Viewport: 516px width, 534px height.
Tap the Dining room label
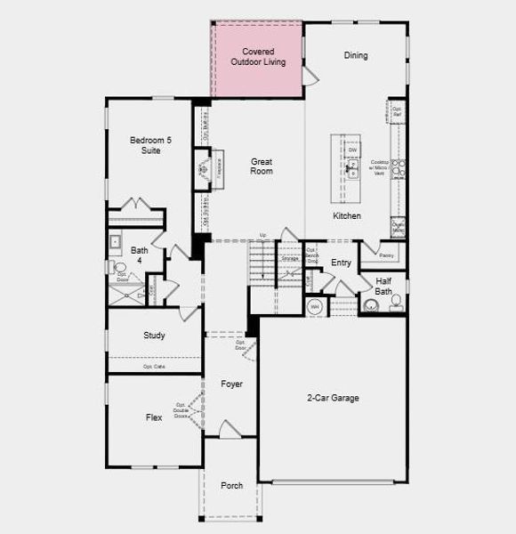click(355, 55)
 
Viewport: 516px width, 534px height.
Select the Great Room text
click(261, 166)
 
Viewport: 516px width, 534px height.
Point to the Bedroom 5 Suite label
click(145, 146)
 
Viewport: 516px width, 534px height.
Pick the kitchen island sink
click(352, 173)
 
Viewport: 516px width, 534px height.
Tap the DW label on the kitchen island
click(352, 150)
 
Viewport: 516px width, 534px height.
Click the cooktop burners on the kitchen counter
click(398, 168)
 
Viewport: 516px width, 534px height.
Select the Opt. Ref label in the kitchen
click(398, 112)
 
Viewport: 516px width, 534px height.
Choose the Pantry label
click(386, 255)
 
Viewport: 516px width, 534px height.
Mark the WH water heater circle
click(314, 307)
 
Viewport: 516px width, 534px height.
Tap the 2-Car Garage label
click(333, 398)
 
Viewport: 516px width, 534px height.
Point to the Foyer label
click(231, 384)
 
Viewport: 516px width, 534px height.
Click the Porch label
click(231, 485)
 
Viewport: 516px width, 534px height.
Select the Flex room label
click(154, 417)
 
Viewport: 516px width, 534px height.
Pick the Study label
click(154, 336)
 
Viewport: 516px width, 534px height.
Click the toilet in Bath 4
click(120, 267)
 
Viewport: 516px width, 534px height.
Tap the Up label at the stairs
click(262, 235)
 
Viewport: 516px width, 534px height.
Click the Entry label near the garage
click(341, 263)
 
